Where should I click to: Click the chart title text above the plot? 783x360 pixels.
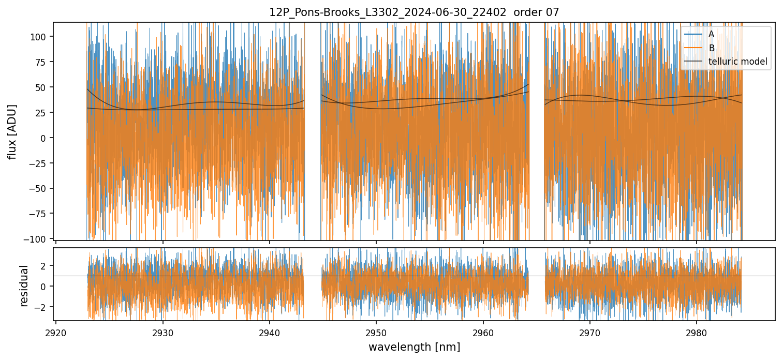click(x=414, y=12)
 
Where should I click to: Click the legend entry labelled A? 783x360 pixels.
click(x=711, y=34)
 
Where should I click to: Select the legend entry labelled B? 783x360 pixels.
click(x=711, y=48)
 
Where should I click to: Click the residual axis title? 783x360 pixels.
click(x=24, y=286)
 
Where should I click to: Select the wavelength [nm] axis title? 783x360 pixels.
click(x=414, y=347)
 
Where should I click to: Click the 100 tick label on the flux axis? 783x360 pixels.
click(x=42, y=37)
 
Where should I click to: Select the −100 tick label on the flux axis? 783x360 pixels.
click(x=39, y=239)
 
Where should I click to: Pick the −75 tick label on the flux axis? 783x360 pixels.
click(x=41, y=214)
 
